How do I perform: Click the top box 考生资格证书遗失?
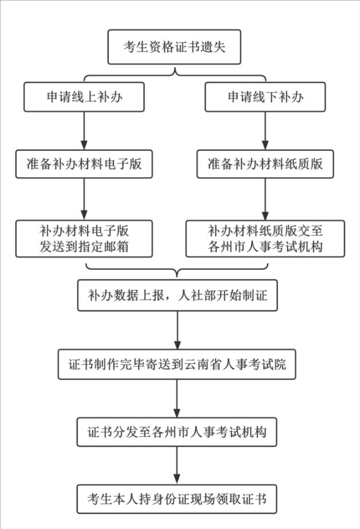click(174, 46)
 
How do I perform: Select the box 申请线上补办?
click(84, 97)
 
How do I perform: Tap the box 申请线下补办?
click(265, 97)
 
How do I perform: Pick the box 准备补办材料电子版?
click(84, 164)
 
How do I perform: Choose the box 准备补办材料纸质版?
click(265, 164)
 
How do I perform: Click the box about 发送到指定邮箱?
click(84, 239)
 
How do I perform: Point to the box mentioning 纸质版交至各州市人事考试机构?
click(265, 239)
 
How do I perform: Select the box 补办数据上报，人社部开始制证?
click(177, 295)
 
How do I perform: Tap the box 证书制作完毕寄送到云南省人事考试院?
click(177, 363)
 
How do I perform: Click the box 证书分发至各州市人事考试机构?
click(177, 431)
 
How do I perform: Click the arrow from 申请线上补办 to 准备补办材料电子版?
click(84, 130)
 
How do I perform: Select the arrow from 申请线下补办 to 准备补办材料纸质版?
click(265, 130)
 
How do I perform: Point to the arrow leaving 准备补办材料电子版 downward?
click(84, 199)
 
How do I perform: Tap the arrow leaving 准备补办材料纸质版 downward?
click(265, 199)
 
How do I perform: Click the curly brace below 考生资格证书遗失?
click(174, 73)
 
